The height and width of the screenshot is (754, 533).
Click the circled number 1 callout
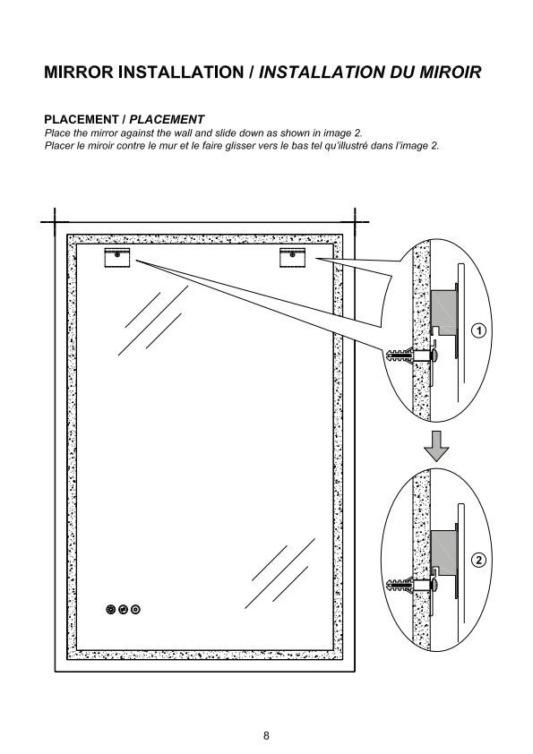pyautogui.click(x=478, y=330)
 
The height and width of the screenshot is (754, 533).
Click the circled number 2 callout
pyautogui.click(x=478, y=560)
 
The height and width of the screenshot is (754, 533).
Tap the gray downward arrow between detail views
pyautogui.click(x=436, y=446)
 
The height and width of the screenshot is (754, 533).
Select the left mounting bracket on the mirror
pyautogui.click(x=116, y=257)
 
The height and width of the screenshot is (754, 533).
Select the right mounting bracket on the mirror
pyautogui.click(x=292, y=257)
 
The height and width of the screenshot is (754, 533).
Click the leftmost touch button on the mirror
pyautogui.click(x=111, y=610)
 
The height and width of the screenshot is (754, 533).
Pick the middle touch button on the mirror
pyautogui.click(x=123, y=610)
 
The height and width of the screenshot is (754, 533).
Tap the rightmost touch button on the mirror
pyautogui.click(x=135, y=610)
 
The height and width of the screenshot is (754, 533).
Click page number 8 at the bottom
pyautogui.click(x=267, y=735)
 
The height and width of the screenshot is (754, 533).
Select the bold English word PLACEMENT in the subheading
pyautogui.click(x=82, y=119)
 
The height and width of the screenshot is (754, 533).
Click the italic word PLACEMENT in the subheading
pyautogui.click(x=167, y=119)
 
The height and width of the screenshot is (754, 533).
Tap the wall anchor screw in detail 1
pyautogui.click(x=411, y=356)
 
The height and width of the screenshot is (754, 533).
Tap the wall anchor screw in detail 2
pyautogui.click(x=411, y=586)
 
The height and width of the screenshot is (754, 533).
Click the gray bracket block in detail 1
pyautogui.click(x=443, y=311)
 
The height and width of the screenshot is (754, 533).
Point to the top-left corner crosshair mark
pyautogui.click(x=55, y=222)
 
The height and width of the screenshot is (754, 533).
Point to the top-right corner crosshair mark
pyautogui.click(x=355, y=222)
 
